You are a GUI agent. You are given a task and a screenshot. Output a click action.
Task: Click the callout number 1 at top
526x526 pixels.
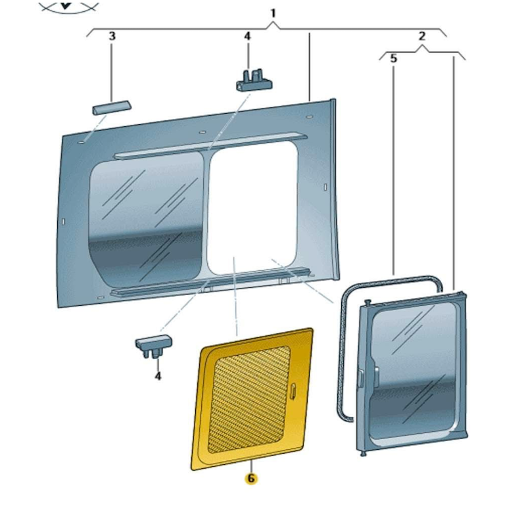click(x=273, y=13)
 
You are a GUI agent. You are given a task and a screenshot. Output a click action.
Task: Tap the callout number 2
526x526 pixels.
click(x=421, y=36)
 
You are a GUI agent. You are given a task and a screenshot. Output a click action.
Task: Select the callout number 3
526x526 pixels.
click(x=112, y=36)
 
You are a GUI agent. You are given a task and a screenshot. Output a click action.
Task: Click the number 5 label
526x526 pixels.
click(x=393, y=59)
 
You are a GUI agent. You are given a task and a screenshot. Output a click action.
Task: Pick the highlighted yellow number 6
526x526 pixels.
click(x=251, y=479)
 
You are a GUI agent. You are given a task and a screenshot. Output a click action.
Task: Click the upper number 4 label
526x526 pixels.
click(x=248, y=36)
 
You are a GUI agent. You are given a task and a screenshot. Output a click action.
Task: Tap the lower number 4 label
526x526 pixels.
click(x=158, y=376)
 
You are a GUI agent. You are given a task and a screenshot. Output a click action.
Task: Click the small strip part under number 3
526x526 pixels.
click(x=111, y=107)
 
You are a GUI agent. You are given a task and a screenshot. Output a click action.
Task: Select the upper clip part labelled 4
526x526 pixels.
click(x=254, y=80)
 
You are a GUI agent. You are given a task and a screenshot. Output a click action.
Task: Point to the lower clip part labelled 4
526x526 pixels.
click(x=154, y=346)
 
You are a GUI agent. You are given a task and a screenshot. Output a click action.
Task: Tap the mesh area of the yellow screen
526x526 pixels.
click(x=249, y=400)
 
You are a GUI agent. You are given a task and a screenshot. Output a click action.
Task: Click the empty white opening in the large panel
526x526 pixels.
click(x=252, y=208)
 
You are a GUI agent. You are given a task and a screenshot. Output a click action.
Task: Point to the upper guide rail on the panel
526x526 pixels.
click(x=210, y=145)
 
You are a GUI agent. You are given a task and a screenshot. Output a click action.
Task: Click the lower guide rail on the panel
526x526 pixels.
click(x=210, y=282)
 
